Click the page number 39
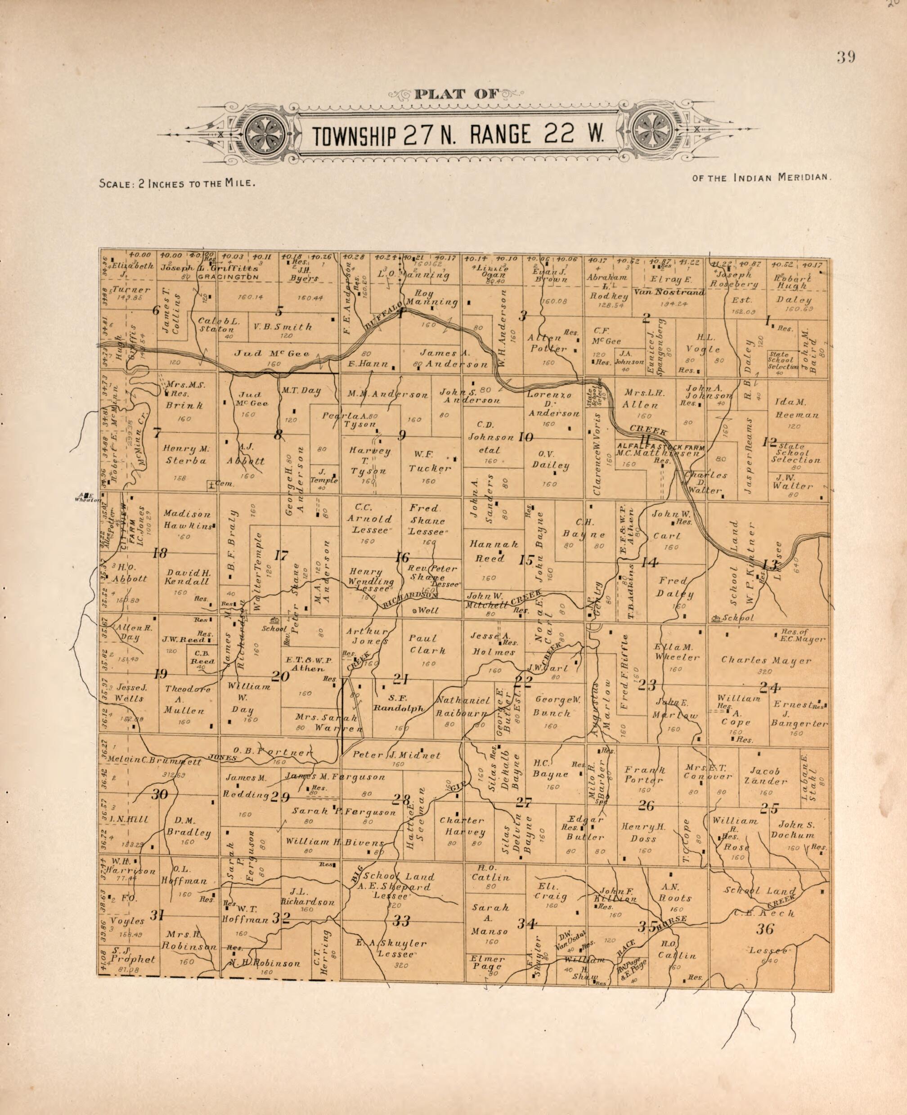pos(845,58)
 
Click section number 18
pos(159,554)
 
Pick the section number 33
pos(401,936)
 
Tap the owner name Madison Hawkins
pos(188,520)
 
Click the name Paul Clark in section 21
pos(427,644)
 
